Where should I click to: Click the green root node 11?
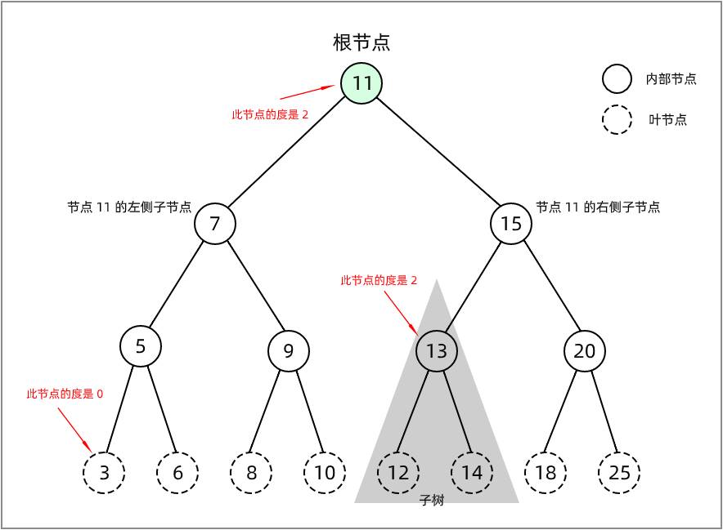click(x=361, y=83)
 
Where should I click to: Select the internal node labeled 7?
click(x=215, y=224)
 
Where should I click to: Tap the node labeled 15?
click(x=511, y=224)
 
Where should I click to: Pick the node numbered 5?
click(x=141, y=346)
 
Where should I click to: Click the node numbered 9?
click(x=289, y=351)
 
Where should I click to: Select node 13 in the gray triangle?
click(x=437, y=351)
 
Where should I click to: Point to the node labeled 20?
click(x=585, y=351)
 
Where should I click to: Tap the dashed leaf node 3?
click(x=104, y=472)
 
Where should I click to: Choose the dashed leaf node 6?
click(x=177, y=472)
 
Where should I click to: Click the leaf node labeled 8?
click(x=251, y=472)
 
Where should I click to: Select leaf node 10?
click(x=325, y=472)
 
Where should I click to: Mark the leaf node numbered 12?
click(x=398, y=472)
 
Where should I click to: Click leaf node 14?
click(x=472, y=472)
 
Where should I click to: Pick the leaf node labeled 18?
click(x=546, y=472)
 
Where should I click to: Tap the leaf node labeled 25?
click(x=619, y=472)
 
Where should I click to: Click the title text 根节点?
click(x=361, y=42)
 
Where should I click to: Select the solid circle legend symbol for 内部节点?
click(x=617, y=79)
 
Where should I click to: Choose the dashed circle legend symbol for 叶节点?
click(x=617, y=120)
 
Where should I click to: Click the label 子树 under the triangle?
click(x=432, y=501)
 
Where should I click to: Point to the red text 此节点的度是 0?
click(x=65, y=394)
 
